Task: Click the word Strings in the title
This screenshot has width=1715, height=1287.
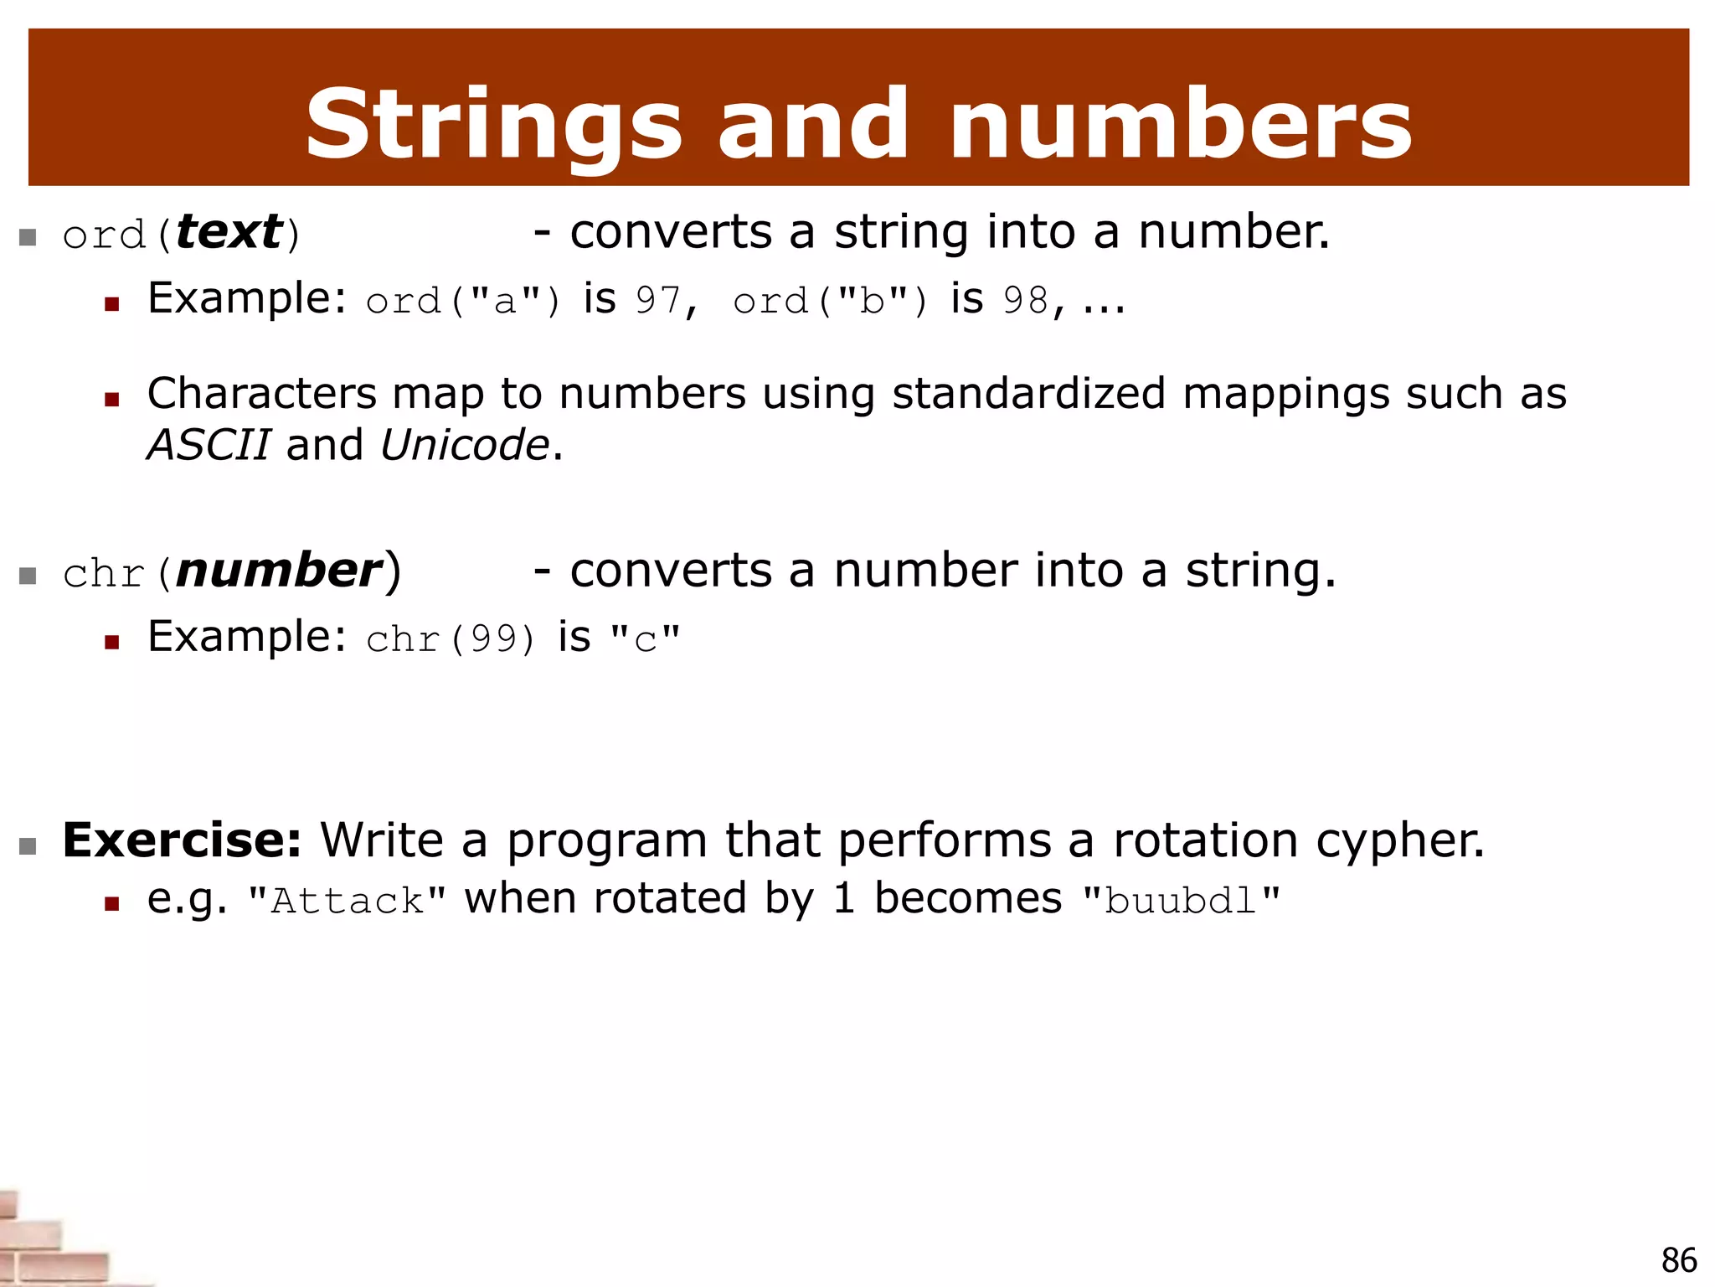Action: coord(494,126)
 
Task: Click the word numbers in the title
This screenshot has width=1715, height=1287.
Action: coord(1181,126)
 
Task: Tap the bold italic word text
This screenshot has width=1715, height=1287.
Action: coord(229,232)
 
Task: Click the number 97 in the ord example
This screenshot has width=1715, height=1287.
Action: coord(658,300)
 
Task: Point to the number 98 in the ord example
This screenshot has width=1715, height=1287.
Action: coord(1025,300)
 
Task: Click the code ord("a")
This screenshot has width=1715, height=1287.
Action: coord(463,300)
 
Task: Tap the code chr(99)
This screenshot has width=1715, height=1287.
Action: coord(451,638)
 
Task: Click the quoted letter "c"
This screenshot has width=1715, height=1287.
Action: coord(645,639)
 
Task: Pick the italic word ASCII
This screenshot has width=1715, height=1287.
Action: coord(209,444)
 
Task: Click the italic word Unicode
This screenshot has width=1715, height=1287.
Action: coord(465,444)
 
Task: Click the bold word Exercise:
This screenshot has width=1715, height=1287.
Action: coord(182,840)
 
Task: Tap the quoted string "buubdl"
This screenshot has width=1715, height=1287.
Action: coord(1181,901)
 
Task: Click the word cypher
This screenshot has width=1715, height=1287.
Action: coord(1399,841)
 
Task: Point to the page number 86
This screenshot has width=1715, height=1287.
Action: coord(1678,1260)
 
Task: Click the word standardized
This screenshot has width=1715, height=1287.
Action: coord(1028,393)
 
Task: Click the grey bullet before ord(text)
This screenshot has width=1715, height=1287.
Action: coord(28,237)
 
